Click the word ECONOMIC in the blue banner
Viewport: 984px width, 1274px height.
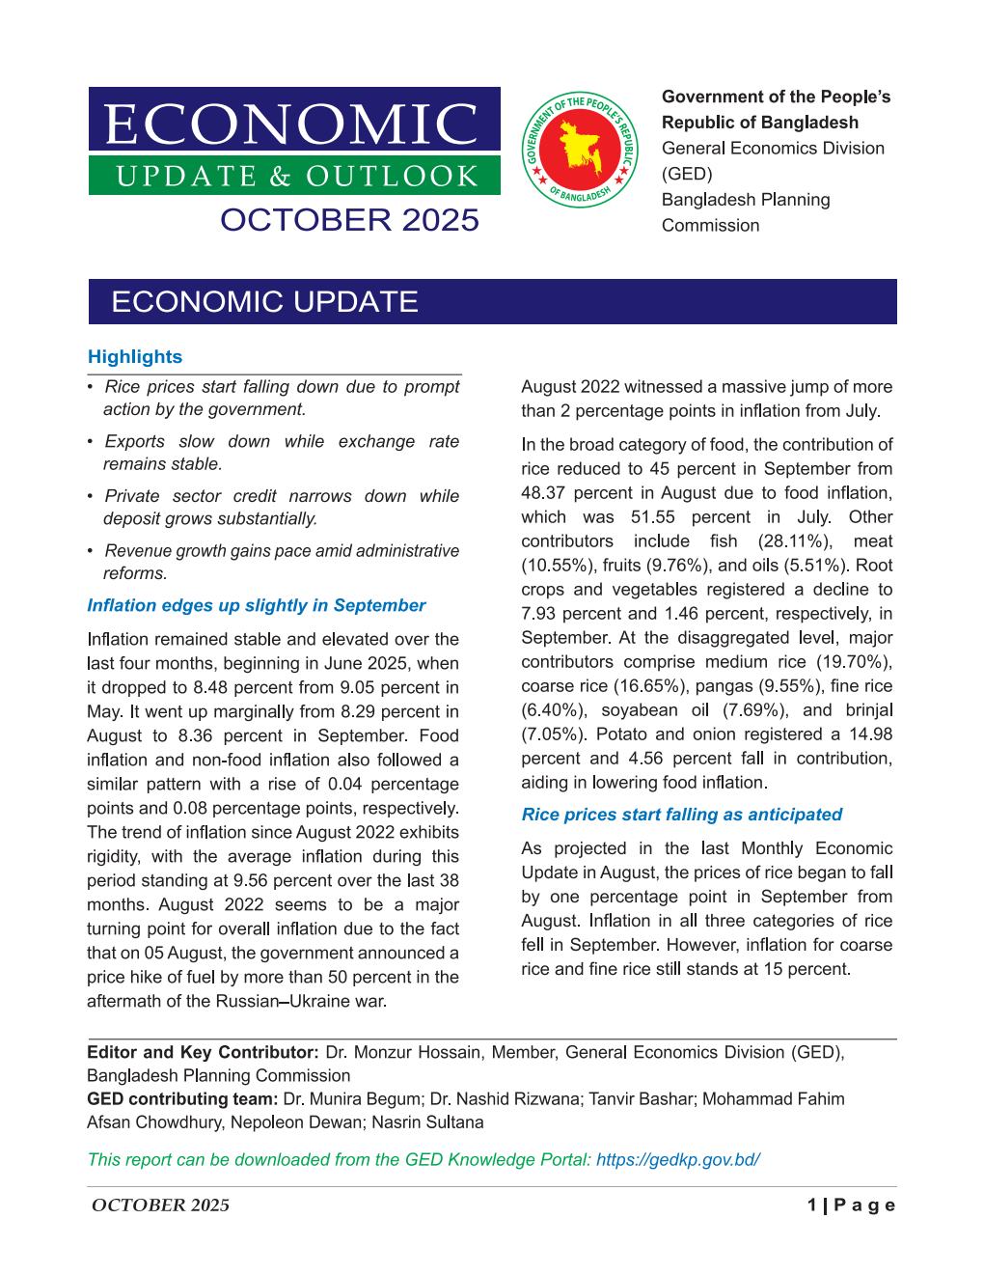pos(290,125)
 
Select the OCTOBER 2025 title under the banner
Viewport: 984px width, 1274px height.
pos(349,220)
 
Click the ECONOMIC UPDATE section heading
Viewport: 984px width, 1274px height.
pos(265,302)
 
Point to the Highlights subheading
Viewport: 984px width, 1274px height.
pos(134,357)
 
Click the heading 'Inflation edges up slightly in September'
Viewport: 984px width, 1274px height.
pos(256,606)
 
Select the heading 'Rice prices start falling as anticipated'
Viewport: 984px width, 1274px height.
pos(681,815)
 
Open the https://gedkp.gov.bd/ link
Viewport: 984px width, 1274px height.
pos(678,1159)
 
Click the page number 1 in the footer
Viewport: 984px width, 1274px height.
pos(812,1205)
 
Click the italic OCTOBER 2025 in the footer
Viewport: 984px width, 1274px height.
pos(160,1205)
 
